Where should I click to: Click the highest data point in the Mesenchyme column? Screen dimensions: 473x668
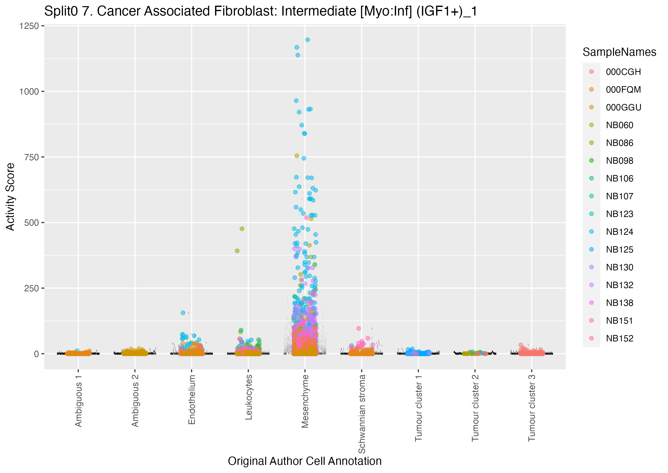[307, 39]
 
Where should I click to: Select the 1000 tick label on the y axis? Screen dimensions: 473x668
[29, 91]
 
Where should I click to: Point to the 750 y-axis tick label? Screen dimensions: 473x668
[31, 157]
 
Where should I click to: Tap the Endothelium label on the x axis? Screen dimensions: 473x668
[191, 399]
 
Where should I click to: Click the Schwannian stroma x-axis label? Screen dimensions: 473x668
[362, 414]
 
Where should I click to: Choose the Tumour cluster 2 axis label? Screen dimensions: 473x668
[475, 408]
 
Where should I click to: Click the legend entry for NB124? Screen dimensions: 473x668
[619, 232]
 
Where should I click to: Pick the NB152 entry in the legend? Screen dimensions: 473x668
[619, 338]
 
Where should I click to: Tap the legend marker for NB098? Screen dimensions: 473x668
[591, 160]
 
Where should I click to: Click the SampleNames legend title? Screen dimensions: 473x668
[619, 52]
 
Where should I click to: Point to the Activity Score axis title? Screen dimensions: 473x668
[10, 197]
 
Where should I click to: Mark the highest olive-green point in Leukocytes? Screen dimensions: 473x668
[242, 229]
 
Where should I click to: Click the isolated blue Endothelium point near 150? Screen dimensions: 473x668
[183, 313]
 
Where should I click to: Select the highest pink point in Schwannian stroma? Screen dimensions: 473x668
[358, 328]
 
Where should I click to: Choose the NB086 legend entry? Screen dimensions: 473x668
[619, 143]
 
